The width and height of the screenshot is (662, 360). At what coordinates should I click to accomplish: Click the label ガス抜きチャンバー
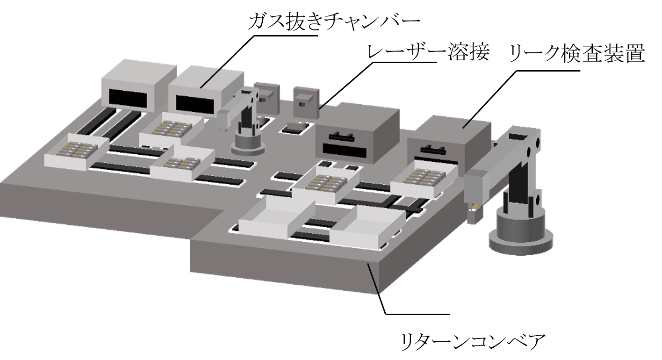[334, 22]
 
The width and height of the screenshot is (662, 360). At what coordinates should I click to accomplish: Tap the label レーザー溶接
[428, 53]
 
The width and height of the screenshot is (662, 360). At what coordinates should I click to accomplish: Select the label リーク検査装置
[577, 53]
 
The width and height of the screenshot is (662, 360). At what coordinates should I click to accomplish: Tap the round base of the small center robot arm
[248, 144]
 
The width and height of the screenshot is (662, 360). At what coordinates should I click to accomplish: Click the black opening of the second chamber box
[195, 104]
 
